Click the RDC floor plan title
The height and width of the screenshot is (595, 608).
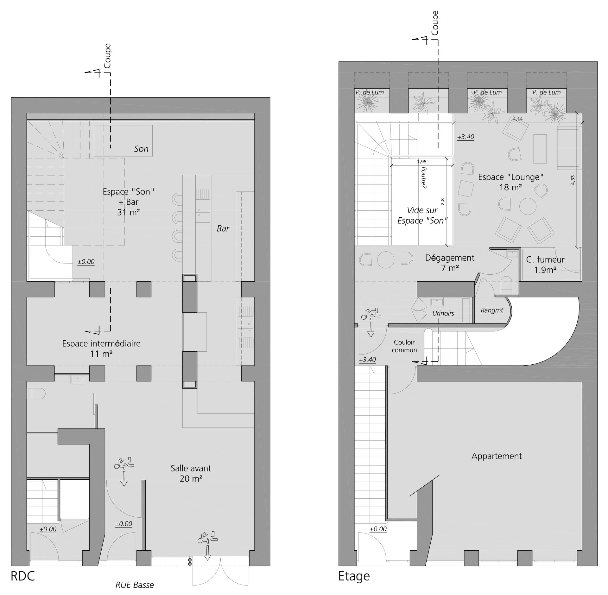[x=22, y=576]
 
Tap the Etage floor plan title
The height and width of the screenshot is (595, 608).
[x=354, y=576]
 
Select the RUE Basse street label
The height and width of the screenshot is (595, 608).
[x=135, y=585]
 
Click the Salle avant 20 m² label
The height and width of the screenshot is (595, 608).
[x=191, y=473]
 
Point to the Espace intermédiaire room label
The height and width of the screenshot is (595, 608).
[x=101, y=348]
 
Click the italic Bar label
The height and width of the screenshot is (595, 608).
[x=223, y=228]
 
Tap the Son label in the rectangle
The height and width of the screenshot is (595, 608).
[x=141, y=149]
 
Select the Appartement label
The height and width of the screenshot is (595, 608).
[x=497, y=456]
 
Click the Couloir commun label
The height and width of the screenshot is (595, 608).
[x=404, y=346]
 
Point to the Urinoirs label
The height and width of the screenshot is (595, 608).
[x=443, y=313]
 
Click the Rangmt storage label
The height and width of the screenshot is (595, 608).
[x=492, y=310]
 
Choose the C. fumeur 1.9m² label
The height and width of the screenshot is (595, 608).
[x=545, y=265]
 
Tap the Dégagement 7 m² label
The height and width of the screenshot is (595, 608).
[x=450, y=263]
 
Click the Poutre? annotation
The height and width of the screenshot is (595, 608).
[x=424, y=178]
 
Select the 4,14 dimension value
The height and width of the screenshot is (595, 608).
[x=518, y=119]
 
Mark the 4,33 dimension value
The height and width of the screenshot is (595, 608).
[x=573, y=180]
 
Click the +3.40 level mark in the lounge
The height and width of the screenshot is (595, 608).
[x=466, y=137]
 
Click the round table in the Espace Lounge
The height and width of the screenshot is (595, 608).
[x=528, y=207]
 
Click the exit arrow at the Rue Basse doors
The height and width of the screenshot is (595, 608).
[x=207, y=553]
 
